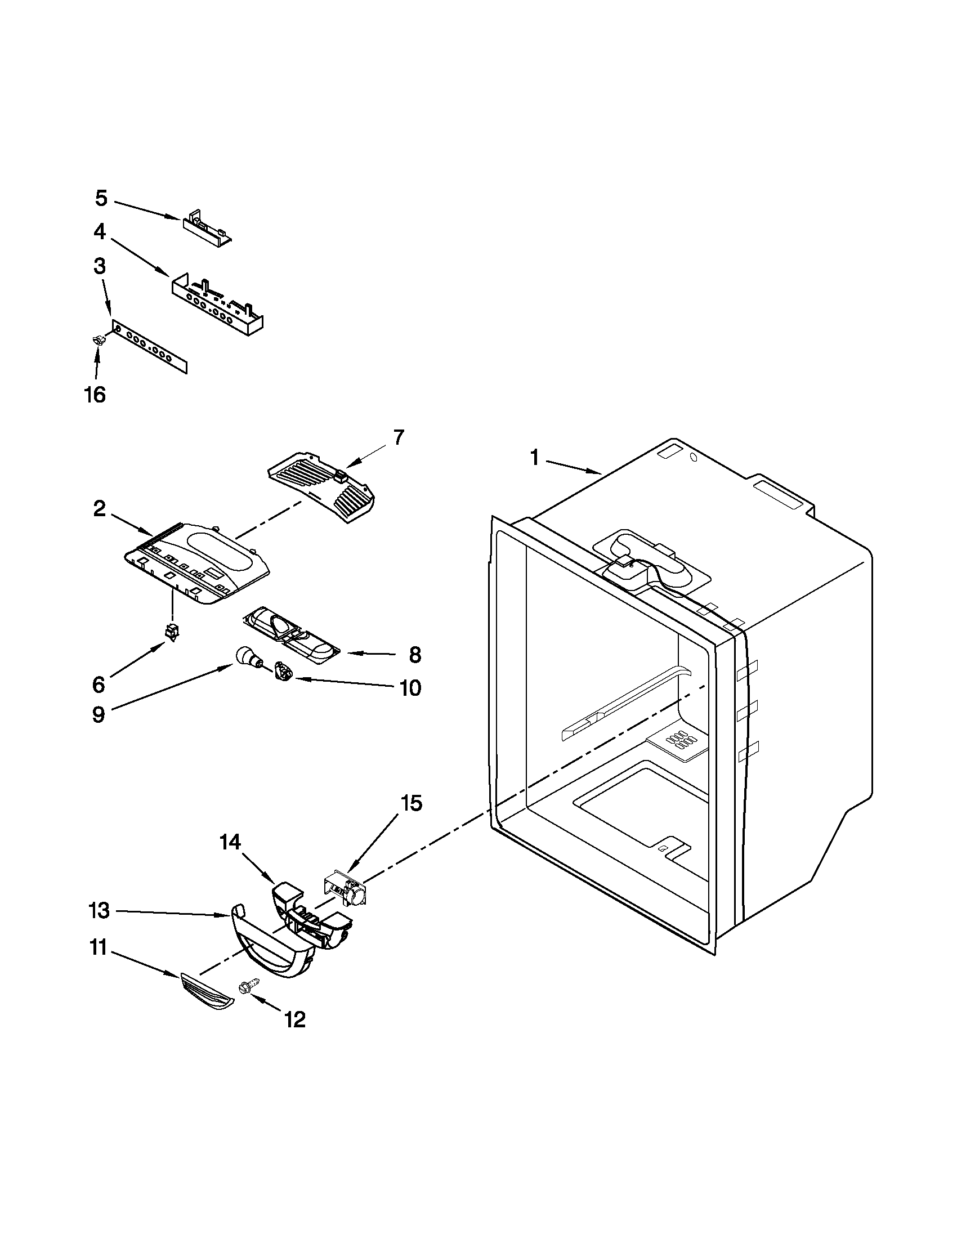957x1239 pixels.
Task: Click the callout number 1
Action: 534,457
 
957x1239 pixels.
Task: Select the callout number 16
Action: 95,393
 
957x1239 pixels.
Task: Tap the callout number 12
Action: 296,1019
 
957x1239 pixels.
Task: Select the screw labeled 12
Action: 249,986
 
